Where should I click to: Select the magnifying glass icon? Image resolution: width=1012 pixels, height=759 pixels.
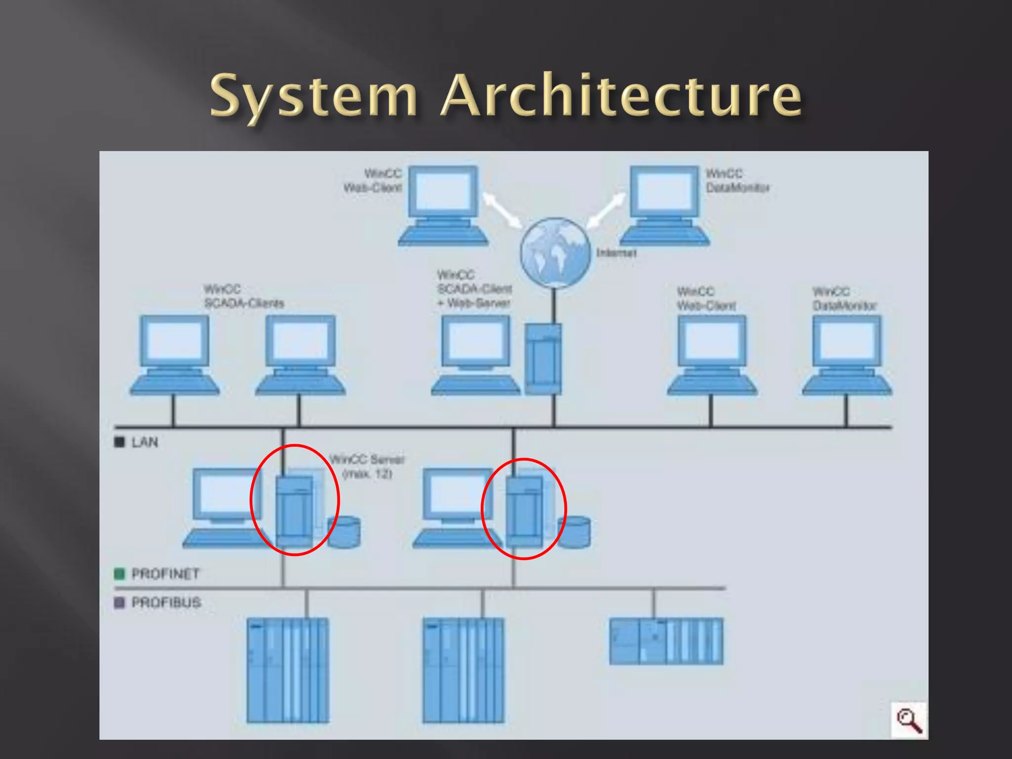[x=910, y=720]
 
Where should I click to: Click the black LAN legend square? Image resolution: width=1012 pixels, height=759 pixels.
[x=119, y=442]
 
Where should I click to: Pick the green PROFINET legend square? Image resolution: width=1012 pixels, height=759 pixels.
[x=119, y=574]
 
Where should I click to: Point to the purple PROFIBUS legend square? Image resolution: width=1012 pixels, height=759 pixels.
[x=119, y=603]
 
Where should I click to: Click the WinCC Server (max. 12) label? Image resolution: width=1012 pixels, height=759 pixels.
[x=367, y=466]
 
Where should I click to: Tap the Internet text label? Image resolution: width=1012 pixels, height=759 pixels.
[x=616, y=253]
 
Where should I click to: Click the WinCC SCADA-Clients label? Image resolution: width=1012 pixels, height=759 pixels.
[x=244, y=296]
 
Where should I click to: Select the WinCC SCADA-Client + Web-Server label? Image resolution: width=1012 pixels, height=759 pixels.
[x=474, y=289]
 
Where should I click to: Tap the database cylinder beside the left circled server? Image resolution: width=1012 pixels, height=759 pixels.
[x=344, y=532]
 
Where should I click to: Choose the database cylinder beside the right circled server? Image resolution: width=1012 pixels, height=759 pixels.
[x=574, y=532]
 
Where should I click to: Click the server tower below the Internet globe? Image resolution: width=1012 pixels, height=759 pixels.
[x=543, y=359]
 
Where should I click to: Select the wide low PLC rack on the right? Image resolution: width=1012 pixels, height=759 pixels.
[x=666, y=641]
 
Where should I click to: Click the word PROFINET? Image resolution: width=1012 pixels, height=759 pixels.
[x=166, y=574]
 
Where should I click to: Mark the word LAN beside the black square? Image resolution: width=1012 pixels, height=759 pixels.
[x=145, y=442]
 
